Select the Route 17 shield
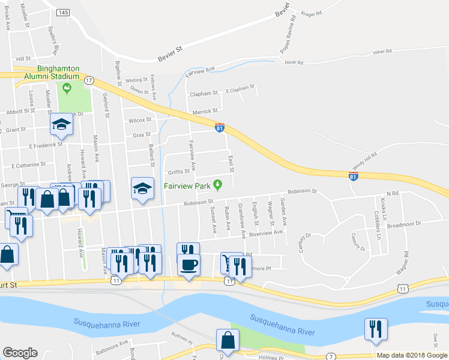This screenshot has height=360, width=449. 89,80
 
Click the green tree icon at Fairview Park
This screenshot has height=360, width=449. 218,184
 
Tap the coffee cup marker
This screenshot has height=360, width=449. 189,265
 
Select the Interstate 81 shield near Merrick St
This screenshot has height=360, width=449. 220,128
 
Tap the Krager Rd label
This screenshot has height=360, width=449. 312,13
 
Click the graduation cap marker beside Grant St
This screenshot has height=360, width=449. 61,125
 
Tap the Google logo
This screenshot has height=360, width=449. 20,353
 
